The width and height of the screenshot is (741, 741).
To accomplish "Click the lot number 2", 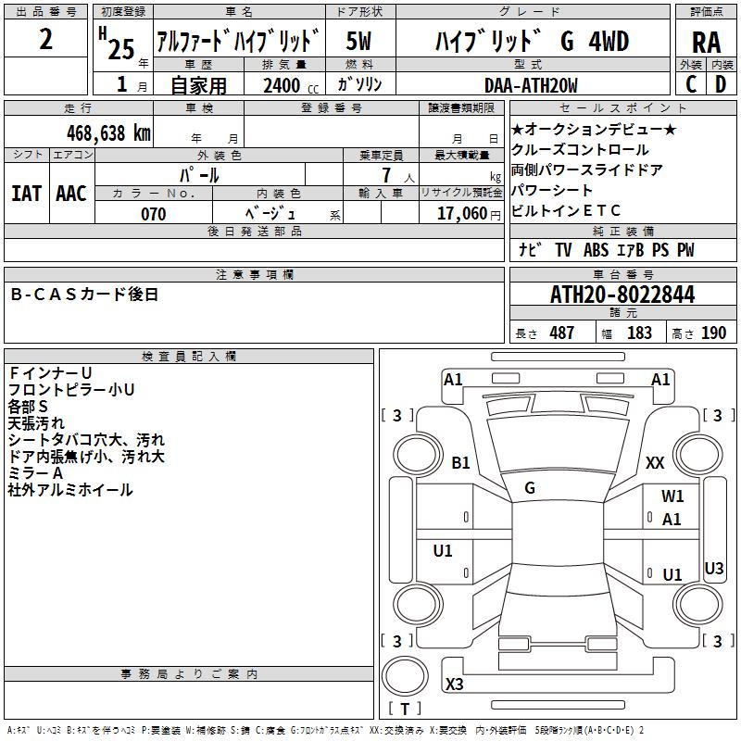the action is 46,42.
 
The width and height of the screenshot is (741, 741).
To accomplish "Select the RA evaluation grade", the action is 706,43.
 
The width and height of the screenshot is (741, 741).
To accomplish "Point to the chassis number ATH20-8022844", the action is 622,295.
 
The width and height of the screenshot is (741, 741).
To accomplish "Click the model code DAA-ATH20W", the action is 531,85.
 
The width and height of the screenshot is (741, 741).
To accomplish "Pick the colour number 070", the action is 153,214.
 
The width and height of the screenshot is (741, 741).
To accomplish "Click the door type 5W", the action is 359,42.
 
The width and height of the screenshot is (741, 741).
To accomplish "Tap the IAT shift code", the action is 26,193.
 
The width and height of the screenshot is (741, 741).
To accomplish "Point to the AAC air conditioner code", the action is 70,193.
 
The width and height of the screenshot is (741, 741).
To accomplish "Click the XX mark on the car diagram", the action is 656,463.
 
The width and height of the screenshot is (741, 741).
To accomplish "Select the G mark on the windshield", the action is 529,488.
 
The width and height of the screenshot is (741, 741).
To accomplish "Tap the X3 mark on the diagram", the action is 455,684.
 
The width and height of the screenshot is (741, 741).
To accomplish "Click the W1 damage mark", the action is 672,496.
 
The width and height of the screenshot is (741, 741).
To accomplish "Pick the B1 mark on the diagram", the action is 460,463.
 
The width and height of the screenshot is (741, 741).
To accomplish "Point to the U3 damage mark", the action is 714,568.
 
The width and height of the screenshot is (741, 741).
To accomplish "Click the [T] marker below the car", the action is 404,710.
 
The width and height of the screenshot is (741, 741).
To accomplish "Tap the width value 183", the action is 639,333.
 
